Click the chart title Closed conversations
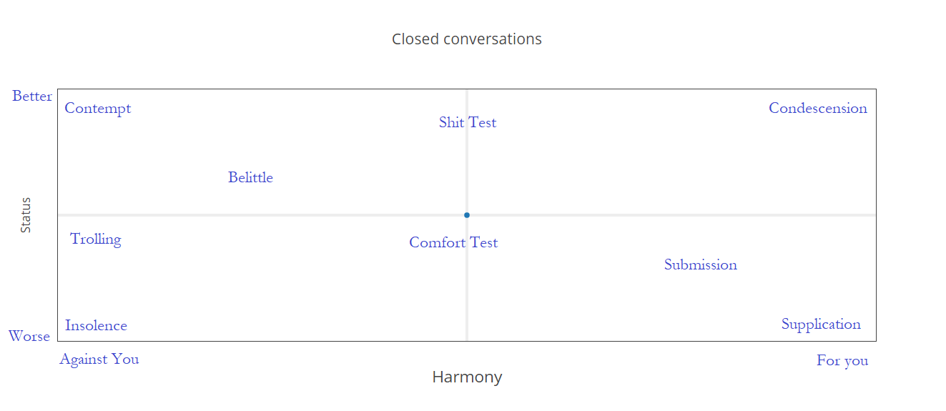(x=467, y=39)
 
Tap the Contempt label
(x=98, y=109)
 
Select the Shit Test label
(x=468, y=122)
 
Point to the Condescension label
(x=818, y=109)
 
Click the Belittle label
(x=250, y=177)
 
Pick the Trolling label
(x=95, y=239)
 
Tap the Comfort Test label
(x=453, y=242)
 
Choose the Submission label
(x=701, y=264)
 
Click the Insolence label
(x=97, y=325)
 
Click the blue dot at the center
(x=467, y=215)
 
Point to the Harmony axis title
(x=467, y=377)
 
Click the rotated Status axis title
(x=26, y=215)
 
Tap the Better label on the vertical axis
(x=32, y=96)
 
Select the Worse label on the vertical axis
(x=29, y=337)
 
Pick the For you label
(x=842, y=361)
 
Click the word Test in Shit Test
(x=483, y=122)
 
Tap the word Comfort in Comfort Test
(x=438, y=242)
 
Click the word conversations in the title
(x=493, y=39)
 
